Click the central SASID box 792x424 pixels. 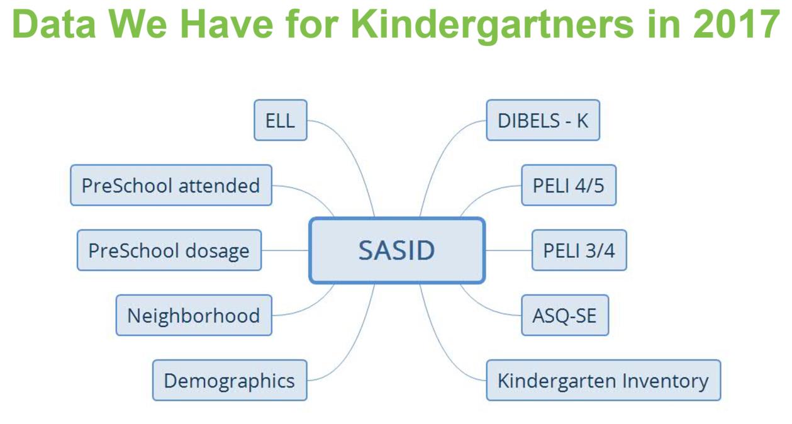click(x=397, y=250)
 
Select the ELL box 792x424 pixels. click(x=281, y=120)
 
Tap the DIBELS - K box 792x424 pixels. click(x=543, y=120)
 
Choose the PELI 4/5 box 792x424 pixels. click(x=569, y=186)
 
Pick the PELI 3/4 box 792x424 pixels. click(x=579, y=250)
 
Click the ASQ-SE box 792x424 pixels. click(x=565, y=315)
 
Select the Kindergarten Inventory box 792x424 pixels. click(x=603, y=381)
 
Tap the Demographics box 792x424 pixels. click(x=230, y=381)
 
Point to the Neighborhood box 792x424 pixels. click(x=194, y=315)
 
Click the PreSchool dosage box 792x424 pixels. click(x=169, y=250)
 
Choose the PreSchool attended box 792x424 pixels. click(x=171, y=186)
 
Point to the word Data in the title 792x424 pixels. click(x=53, y=24)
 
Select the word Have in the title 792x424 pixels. click(x=226, y=24)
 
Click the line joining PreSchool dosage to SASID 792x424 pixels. click(x=286, y=250)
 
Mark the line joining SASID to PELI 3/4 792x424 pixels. click(x=509, y=250)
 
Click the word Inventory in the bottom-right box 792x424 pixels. click(x=665, y=381)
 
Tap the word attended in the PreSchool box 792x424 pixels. click(x=219, y=186)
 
